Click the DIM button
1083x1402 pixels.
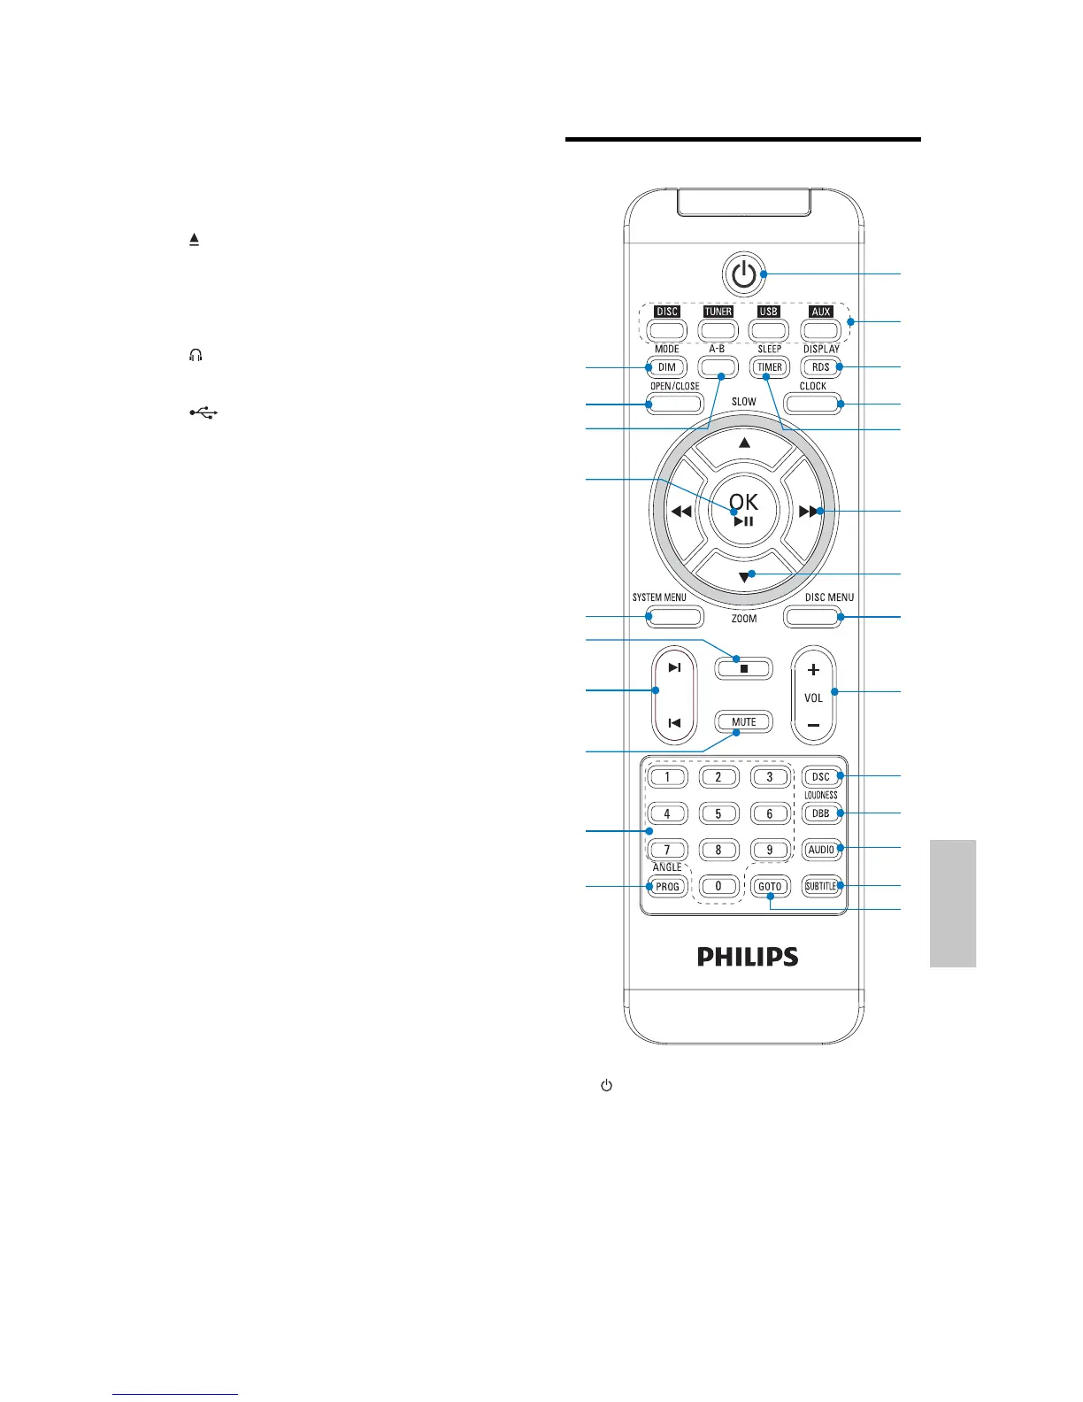[667, 367]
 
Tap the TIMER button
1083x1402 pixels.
[770, 367]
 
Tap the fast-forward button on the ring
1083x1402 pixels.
[808, 512]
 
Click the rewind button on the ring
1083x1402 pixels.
[680, 512]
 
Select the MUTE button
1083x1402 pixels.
[744, 722]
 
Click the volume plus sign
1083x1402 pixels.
[814, 670]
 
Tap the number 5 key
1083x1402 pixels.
[718, 813]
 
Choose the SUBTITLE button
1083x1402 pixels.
[821, 886]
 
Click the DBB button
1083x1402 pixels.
[821, 813]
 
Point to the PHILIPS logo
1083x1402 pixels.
[748, 957]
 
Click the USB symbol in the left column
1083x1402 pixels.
[202, 412]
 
